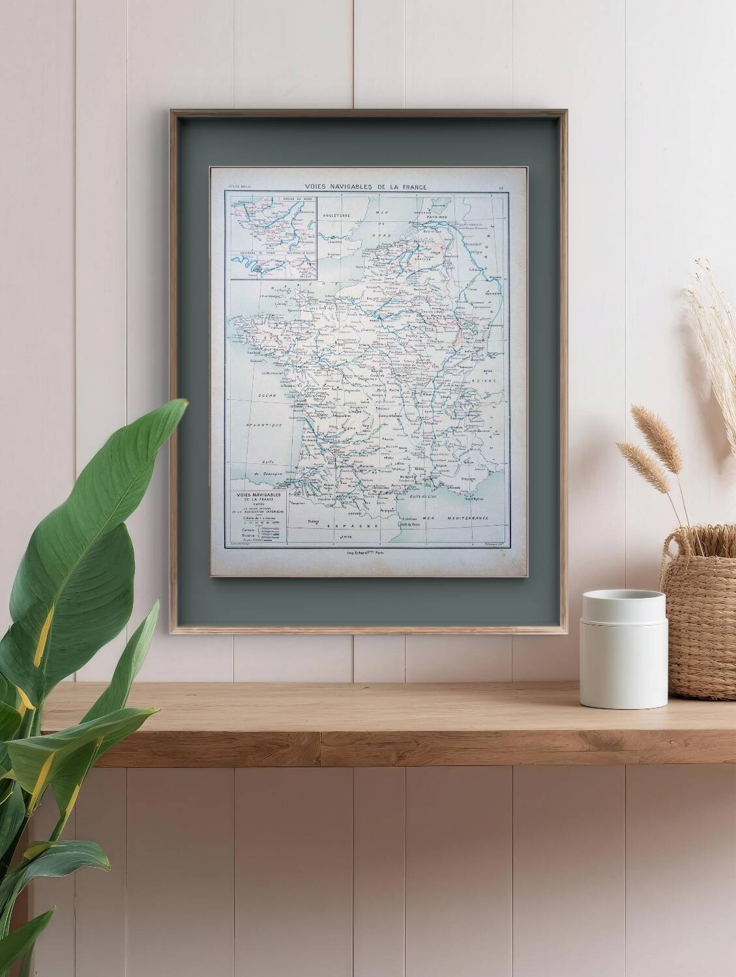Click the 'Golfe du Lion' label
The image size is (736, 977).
coord(422,497)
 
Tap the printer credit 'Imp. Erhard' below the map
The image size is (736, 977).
coord(363,552)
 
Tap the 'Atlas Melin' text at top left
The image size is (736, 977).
coord(237,188)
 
